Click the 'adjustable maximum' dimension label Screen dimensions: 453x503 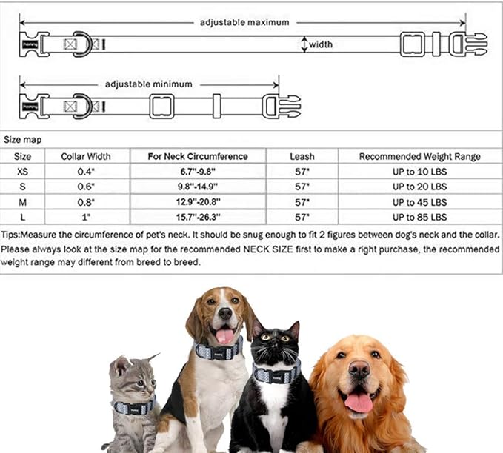tap(244, 22)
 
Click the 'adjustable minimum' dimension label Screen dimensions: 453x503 tap(148, 84)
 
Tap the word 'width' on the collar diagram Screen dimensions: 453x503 tap(320, 44)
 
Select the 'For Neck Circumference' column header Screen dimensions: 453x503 tap(197, 156)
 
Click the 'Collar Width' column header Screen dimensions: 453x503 tap(87, 156)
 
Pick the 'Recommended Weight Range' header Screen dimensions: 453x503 tap(419, 156)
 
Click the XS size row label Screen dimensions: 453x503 tap(23, 172)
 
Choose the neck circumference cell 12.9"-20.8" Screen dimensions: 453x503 tap(197, 202)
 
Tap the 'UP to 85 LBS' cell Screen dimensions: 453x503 tap(419, 217)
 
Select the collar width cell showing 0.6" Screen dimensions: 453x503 tap(87, 187)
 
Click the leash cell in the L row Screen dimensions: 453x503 tap(302, 217)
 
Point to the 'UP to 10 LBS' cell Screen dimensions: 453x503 tap(419, 172)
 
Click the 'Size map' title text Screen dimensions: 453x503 tap(22, 139)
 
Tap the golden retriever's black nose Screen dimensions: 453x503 tap(359, 369)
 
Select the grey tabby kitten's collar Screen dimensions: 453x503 tap(134, 408)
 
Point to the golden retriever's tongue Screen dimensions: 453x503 tap(359, 402)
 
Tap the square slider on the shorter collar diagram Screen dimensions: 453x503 tap(161, 107)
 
